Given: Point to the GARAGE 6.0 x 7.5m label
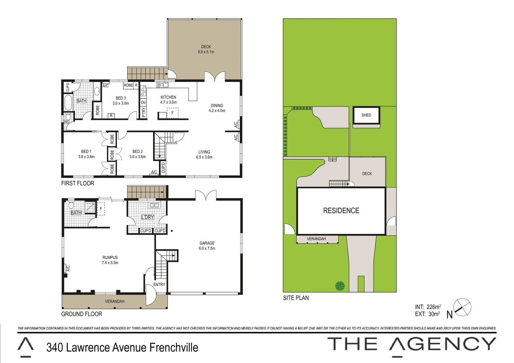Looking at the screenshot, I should tap(207, 246).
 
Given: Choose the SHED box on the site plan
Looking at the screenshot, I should tap(366, 115).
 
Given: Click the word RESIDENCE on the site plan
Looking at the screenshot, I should tap(341, 211).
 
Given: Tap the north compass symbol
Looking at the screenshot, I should tap(462, 307).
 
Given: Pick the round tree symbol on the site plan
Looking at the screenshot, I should tap(340, 286).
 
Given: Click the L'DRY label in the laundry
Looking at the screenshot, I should tap(147, 217).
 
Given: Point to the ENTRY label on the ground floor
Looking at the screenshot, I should tap(159, 284).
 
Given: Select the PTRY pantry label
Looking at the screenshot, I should tap(144, 112).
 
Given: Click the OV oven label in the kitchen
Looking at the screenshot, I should tap(144, 103).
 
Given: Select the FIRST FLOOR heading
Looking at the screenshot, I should tap(78, 183).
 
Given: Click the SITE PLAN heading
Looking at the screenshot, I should tap(296, 298).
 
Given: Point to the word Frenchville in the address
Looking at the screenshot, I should tap(174, 348).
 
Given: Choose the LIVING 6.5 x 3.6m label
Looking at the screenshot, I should tap(204, 154).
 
